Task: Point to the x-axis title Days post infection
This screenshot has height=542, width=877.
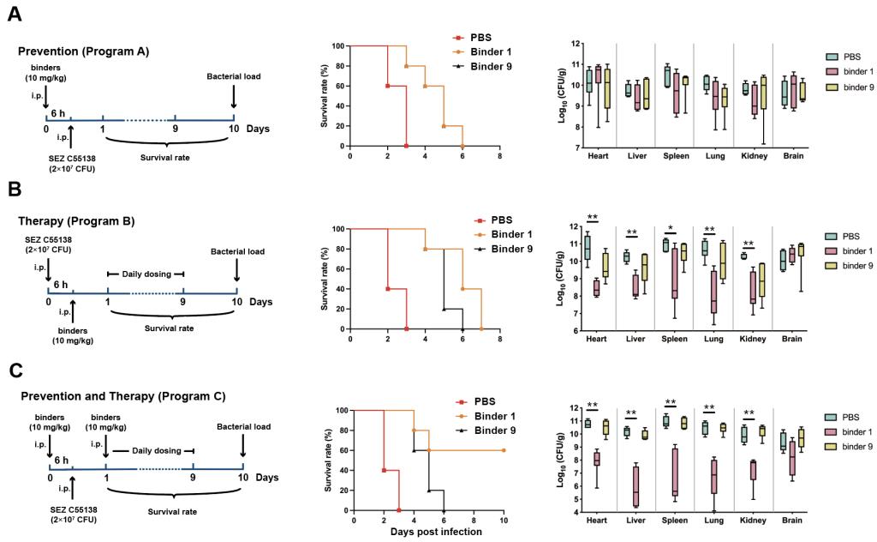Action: point(436,532)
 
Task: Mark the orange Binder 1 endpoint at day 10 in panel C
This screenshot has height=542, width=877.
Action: point(504,450)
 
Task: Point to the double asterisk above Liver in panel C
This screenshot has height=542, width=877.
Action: point(631,413)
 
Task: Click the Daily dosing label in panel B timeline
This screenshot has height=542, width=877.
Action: point(145,274)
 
